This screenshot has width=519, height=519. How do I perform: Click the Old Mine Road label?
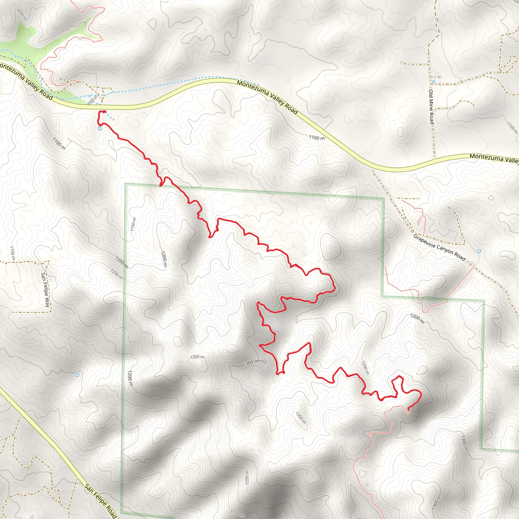431,107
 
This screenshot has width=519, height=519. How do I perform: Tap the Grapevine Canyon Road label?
439,247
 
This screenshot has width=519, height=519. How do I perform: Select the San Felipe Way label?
45,290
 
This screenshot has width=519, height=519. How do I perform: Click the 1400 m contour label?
436,502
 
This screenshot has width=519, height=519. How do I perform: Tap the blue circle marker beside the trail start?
100,129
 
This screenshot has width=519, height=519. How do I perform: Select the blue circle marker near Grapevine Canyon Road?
479,251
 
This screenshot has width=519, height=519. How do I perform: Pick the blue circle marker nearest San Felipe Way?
77,375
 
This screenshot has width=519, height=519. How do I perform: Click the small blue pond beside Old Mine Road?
433,81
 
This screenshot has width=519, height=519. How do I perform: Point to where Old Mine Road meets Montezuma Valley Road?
434,159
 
